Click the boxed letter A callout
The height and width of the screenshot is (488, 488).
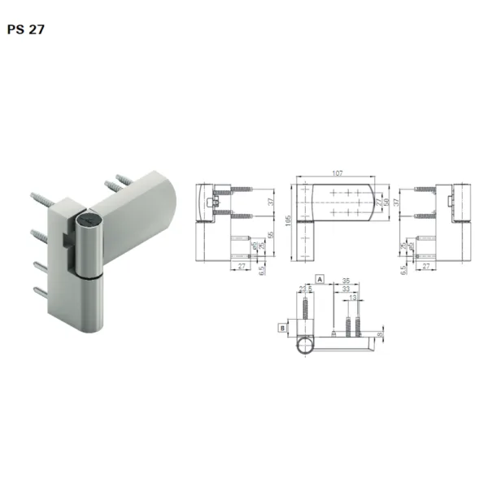(x=320, y=278)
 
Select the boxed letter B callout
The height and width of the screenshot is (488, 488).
(x=281, y=328)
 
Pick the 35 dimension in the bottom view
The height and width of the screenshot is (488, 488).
(x=346, y=279)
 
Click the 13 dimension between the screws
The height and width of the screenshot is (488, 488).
(x=351, y=298)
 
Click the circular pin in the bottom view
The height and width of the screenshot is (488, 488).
(x=303, y=345)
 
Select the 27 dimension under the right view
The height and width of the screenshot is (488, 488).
(x=425, y=265)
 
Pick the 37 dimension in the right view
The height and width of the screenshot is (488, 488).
(x=396, y=201)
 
